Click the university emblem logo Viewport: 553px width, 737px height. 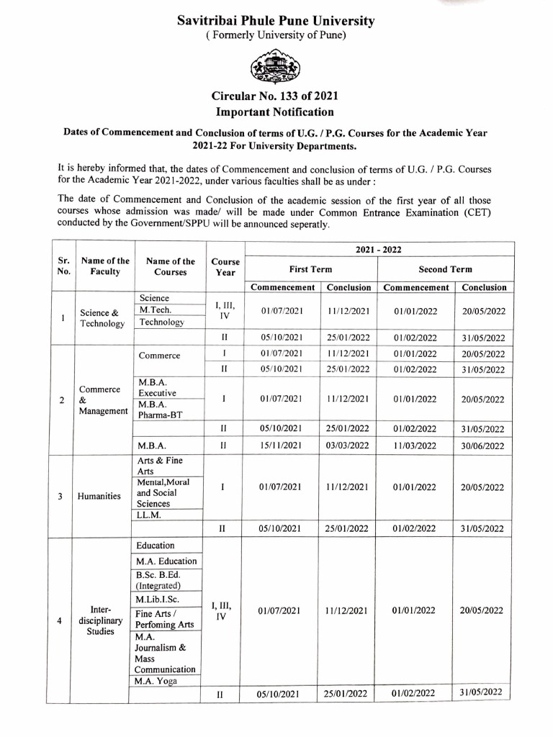point(276,68)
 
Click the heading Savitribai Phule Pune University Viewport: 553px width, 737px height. point(276,21)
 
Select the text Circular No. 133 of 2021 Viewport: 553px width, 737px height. point(276,96)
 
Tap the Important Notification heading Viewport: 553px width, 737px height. point(276,112)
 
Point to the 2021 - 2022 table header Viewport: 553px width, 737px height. point(379,249)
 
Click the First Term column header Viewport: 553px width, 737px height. point(310,268)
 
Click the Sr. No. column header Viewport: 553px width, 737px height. point(63,266)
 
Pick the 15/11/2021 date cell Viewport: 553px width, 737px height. point(281,445)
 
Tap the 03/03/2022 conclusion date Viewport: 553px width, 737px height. point(347,445)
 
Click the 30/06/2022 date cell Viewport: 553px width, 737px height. point(482,445)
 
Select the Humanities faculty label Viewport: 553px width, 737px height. point(99,496)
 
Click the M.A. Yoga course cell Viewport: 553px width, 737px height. point(155,681)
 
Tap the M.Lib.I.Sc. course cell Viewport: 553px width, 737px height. point(157,600)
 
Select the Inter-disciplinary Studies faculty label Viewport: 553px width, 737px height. point(101,620)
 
